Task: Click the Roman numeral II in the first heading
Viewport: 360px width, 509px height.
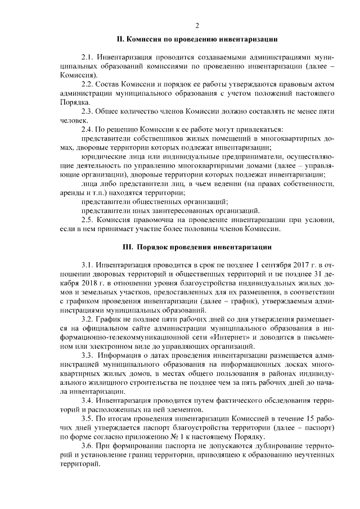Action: [119, 40]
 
